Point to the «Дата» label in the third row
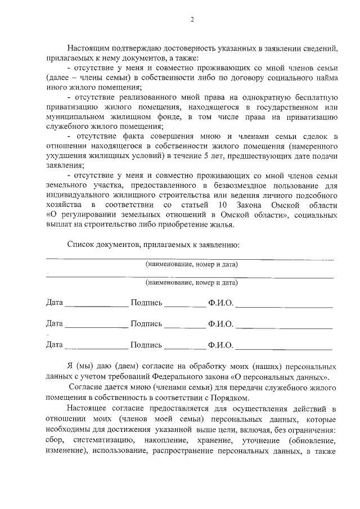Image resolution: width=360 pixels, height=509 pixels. (55, 344)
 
